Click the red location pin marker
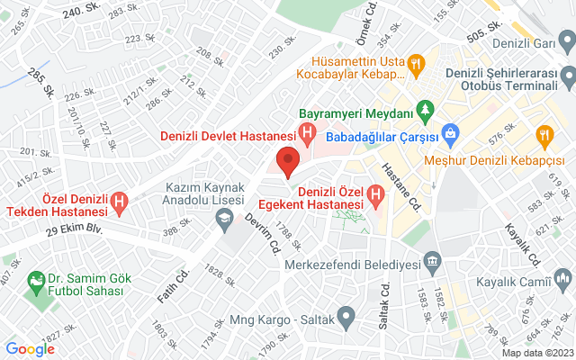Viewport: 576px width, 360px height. (287, 161)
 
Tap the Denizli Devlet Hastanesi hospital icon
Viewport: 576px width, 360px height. (308, 137)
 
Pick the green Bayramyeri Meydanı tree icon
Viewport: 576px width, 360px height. (427, 114)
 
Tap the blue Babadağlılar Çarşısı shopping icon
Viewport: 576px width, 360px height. (451, 137)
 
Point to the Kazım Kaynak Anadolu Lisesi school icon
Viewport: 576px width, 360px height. (220, 217)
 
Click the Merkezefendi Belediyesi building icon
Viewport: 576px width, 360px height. (433, 264)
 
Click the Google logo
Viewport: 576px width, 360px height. (31, 349)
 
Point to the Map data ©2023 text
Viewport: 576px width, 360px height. (536, 353)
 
